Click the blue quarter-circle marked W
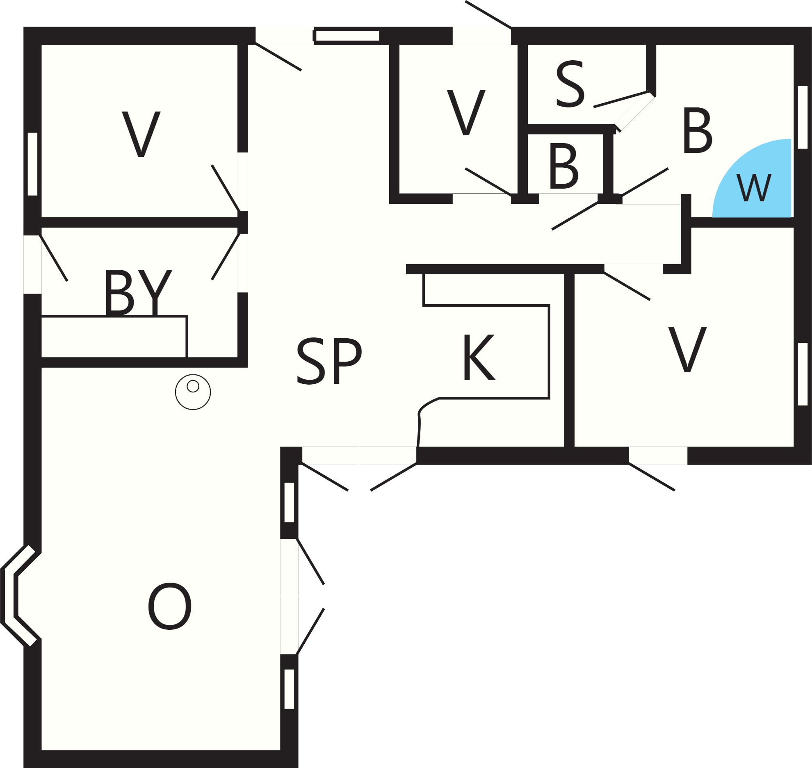(x=759, y=185)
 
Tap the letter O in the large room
(x=170, y=607)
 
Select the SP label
(x=329, y=361)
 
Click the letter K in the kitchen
(x=479, y=357)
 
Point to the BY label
(x=138, y=292)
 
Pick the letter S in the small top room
(x=570, y=84)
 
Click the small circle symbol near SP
(x=193, y=392)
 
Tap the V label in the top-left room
(x=141, y=134)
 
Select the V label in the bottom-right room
(x=688, y=349)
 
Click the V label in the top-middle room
(x=466, y=112)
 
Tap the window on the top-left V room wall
(x=32, y=164)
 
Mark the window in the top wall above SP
(x=347, y=36)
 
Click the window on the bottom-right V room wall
(x=803, y=374)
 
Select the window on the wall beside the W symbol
(x=803, y=117)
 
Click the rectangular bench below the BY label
(x=114, y=337)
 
